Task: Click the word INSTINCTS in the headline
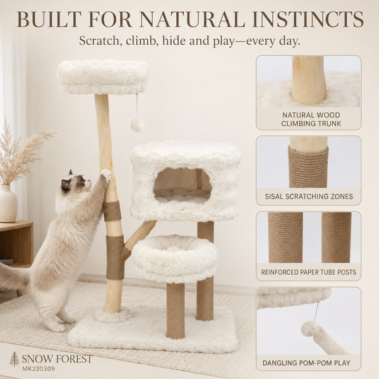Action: [308, 19]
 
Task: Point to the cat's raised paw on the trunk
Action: [106, 175]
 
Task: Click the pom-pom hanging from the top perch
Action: [137, 124]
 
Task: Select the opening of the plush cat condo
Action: [183, 186]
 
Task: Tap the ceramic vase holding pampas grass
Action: [8, 203]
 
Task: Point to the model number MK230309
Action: [38, 369]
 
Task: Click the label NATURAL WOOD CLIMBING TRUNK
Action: [311, 119]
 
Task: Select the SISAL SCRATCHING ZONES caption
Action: [309, 196]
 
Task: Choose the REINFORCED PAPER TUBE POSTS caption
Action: [308, 272]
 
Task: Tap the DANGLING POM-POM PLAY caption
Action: [306, 363]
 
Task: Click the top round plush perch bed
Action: [102, 77]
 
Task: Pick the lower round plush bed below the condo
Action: [176, 259]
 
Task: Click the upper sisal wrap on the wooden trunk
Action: [112, 211]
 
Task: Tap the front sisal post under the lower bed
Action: [175, 310]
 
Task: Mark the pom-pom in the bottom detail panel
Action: [311, 330]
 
